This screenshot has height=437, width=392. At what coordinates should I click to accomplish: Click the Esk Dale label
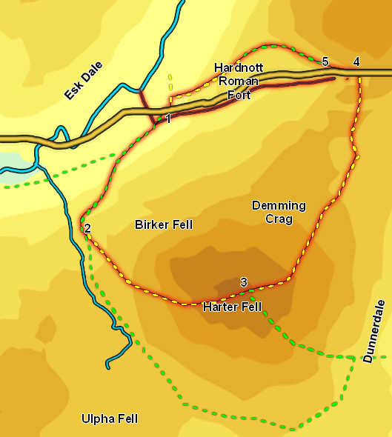(82, 81)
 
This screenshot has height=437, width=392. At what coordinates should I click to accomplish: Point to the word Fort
(239, 95)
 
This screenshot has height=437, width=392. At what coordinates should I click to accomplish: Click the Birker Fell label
(163, 224)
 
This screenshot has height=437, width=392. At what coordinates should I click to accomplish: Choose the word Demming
(274, 206)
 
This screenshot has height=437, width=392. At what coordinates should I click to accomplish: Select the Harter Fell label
(232, 306)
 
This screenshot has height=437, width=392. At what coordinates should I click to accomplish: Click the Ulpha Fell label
(109, 419)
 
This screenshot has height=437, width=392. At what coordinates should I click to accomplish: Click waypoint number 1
(169, 119)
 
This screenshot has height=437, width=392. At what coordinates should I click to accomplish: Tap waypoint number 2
(87, 227)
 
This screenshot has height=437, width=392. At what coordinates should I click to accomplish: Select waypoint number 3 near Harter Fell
(243, 281)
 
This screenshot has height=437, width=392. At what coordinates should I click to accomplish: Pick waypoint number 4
(356, 61)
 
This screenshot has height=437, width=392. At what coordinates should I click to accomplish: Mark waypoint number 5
(325, 61)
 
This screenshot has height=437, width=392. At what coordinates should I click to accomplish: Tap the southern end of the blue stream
(108, 366)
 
